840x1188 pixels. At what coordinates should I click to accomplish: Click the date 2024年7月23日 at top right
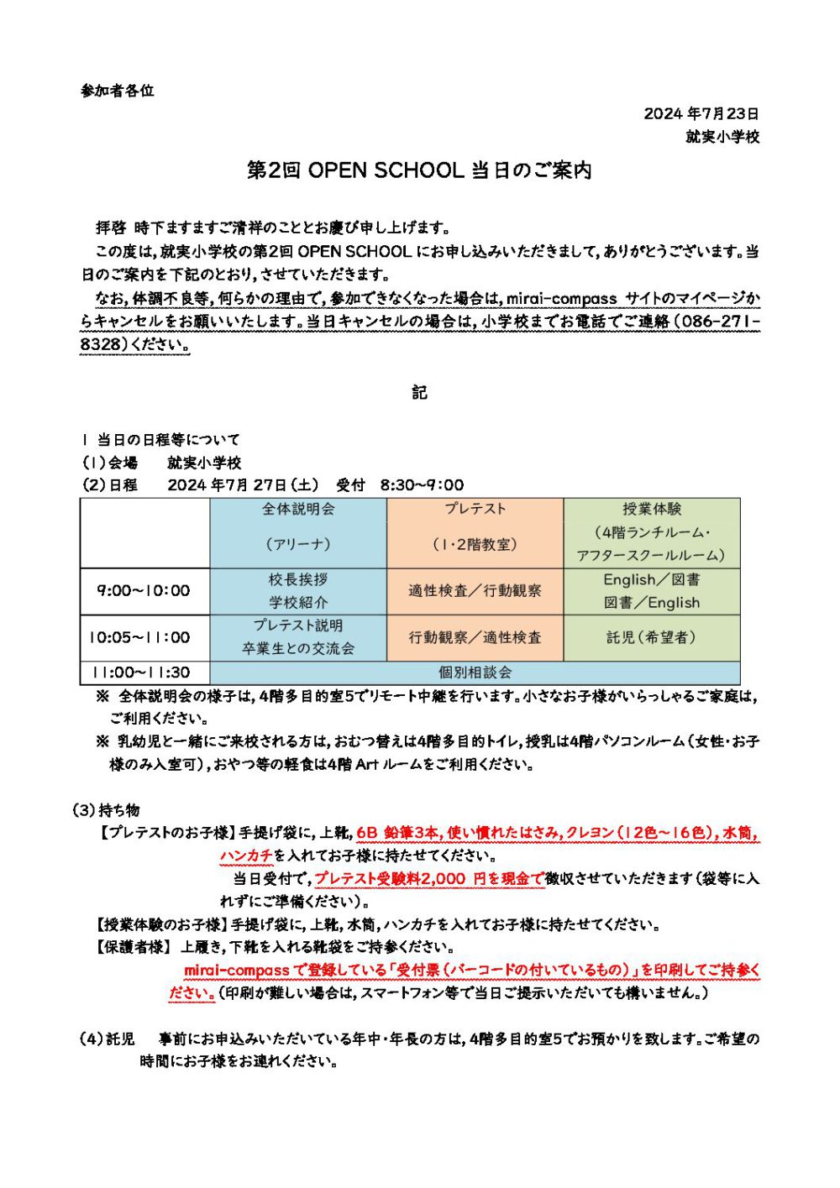pos(701,113)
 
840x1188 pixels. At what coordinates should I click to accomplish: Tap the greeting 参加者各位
pos(118,91)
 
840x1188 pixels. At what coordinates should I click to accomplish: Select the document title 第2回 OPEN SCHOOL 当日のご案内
pos(419,170)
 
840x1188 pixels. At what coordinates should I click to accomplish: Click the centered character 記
pos(419,392)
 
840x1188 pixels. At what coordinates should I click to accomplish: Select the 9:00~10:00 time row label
pos(144,591)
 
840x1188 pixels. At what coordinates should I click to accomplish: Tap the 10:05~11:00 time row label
pos(144,637)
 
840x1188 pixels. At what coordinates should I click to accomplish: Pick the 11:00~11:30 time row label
pos(144,673)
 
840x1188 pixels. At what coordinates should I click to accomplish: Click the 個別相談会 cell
pos(475,673)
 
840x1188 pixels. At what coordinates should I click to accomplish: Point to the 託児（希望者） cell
pos(652,637)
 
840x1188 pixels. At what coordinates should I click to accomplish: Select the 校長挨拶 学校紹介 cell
pos(298,591)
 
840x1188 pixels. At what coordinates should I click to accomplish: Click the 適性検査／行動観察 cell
pos(475,591)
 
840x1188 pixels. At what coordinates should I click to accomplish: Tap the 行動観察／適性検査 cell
pos(475,637)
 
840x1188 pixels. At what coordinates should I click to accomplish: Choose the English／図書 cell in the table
pos(652,591)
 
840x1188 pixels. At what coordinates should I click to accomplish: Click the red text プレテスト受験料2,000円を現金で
pos(429,879)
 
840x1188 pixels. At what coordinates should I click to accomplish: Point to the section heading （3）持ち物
pos(107,810)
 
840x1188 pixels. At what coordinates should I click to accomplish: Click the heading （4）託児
pos(107,1039)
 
